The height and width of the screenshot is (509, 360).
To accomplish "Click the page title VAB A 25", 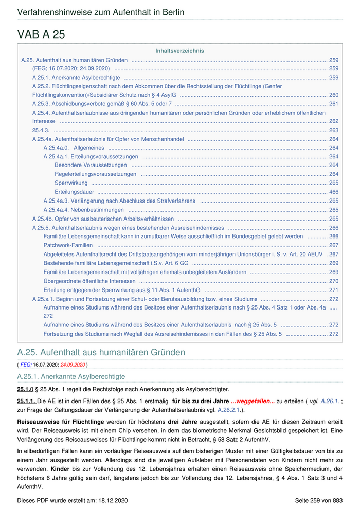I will point(41,34).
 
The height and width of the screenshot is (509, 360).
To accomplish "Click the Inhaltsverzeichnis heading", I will point(179,51).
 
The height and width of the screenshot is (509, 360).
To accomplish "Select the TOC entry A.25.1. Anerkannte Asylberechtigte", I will point(76,78).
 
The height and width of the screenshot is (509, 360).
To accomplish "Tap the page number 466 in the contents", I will point(334,192).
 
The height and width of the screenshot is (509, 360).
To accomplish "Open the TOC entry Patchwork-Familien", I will point(68,245).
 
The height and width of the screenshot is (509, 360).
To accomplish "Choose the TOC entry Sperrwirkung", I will point(71,183).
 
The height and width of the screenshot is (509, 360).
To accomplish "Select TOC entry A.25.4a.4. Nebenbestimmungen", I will point(83,210).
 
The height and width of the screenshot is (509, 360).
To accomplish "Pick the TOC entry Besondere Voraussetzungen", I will point(91,165).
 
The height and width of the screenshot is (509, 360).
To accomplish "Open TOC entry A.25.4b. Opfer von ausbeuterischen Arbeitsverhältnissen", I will point(103,219).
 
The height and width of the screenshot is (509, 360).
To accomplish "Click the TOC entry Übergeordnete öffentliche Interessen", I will point(89,281).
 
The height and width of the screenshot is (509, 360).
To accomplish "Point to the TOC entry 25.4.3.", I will point(41,130).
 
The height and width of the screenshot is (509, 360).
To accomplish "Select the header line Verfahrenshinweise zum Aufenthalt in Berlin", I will point(101,12).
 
